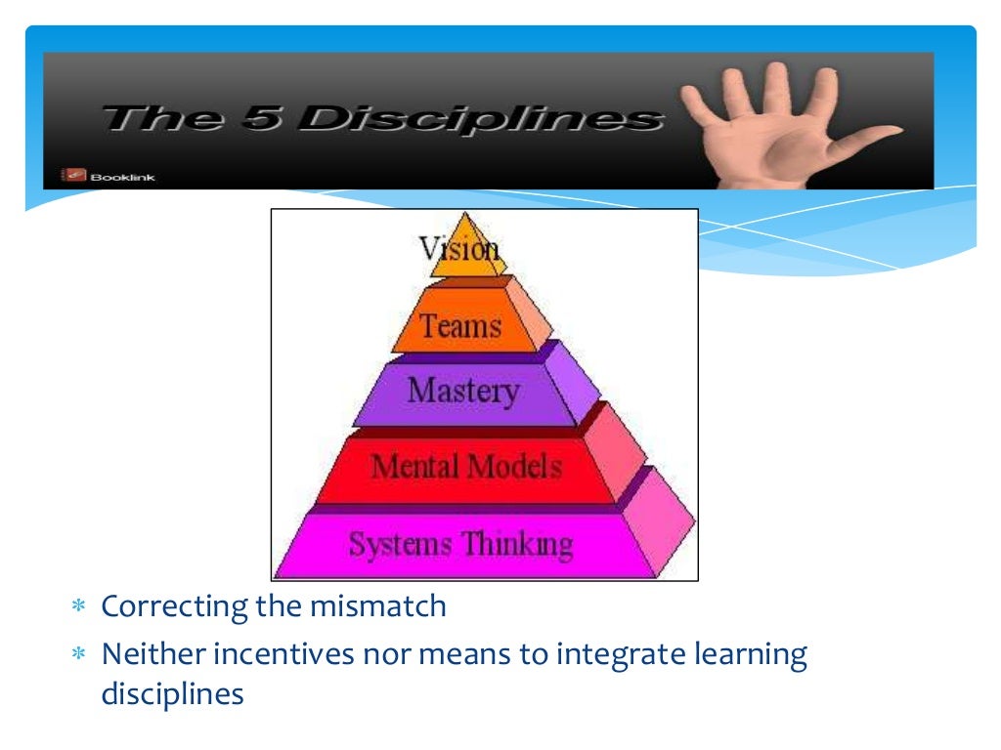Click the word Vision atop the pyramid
459,249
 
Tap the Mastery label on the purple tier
463,392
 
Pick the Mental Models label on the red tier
466,466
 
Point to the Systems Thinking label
460,543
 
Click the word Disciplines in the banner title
479,118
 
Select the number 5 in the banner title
262,118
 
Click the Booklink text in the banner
122,177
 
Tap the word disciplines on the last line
172,694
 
